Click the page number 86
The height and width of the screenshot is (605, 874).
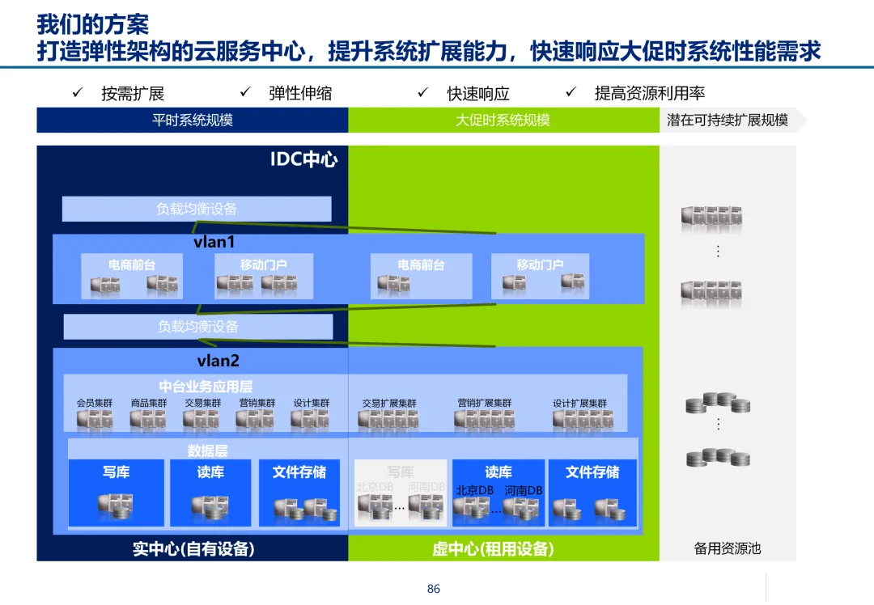coord(434,589)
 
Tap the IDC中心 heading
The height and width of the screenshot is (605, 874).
coord(303,159)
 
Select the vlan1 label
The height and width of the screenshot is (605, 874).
coord(214,242)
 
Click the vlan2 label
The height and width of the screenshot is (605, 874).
coord(218,361)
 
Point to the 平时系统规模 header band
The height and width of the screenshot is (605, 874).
coord(193,121)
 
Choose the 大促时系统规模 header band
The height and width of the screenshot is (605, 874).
coord(503,121)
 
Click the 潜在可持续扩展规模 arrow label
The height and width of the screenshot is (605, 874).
coord(728,121)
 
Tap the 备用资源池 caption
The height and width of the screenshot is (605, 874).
coord(728,548)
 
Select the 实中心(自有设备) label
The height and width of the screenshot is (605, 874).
coord(193,549)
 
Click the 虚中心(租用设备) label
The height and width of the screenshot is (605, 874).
coord(493,549)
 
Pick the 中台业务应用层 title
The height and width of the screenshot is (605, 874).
coord(206,387)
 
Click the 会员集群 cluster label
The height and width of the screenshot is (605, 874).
coord(95,403)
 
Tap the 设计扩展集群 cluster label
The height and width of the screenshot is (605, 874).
coord(579,403)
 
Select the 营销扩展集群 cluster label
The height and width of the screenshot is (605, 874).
coord(484,403)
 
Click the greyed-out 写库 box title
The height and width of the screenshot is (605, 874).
coord(400,472)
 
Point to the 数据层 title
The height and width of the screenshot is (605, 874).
coord(208,451)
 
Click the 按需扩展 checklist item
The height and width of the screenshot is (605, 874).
coord(133,94)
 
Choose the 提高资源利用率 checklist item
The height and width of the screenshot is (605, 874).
coord(650,94)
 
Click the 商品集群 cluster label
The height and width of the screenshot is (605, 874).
coord(149,403)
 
